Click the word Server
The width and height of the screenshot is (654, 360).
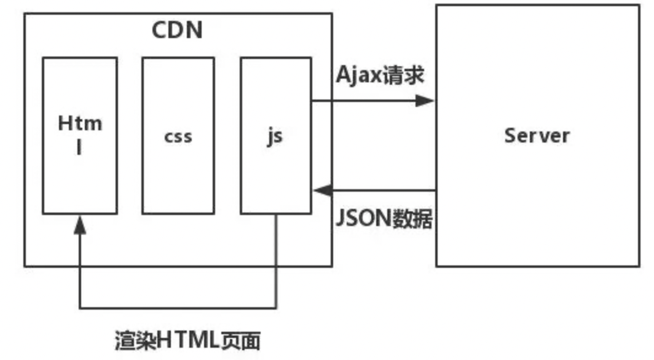537,135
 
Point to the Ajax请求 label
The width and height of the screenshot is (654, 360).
380,76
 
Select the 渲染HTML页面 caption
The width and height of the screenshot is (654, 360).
187,340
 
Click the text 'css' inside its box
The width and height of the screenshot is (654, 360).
178,136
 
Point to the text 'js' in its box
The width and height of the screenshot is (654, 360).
275,136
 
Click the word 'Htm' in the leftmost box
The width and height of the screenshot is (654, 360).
79,123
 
